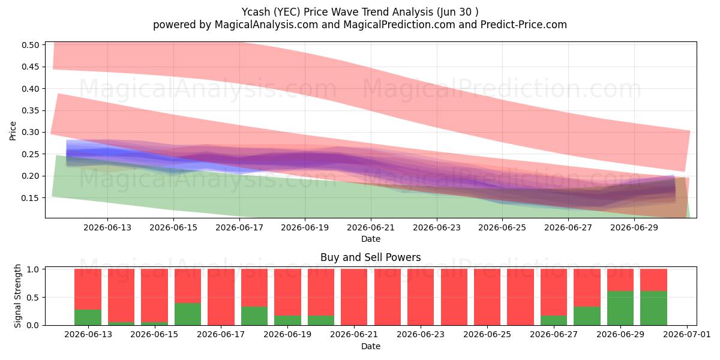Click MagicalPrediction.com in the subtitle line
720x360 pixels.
click(x=399, y=25)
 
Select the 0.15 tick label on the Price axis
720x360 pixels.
click(x=30, y=198)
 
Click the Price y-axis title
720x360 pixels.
click(x=13, y=131)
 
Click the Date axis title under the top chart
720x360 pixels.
click(x=371, y=239)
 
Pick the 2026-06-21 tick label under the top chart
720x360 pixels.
click(x=371, y=227)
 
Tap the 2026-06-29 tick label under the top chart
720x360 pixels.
click(x=634, y=227)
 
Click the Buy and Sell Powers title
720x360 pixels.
click(x=371, y=257)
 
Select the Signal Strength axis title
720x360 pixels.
click(x=17, y=296)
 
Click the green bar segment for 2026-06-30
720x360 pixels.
click(x=654, y=308)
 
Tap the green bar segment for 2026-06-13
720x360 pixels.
click(x=88, y=317)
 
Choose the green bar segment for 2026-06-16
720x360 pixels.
click(x=188, y=314)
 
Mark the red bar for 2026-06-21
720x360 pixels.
click(x=354, y=297)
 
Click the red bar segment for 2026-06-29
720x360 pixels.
click(x=620, y=280)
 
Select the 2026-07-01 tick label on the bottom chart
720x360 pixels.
click(x=687, y=335)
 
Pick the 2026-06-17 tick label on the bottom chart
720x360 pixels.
click(x=221, y=335)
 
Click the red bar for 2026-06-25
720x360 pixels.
click(x=487, y=297)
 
